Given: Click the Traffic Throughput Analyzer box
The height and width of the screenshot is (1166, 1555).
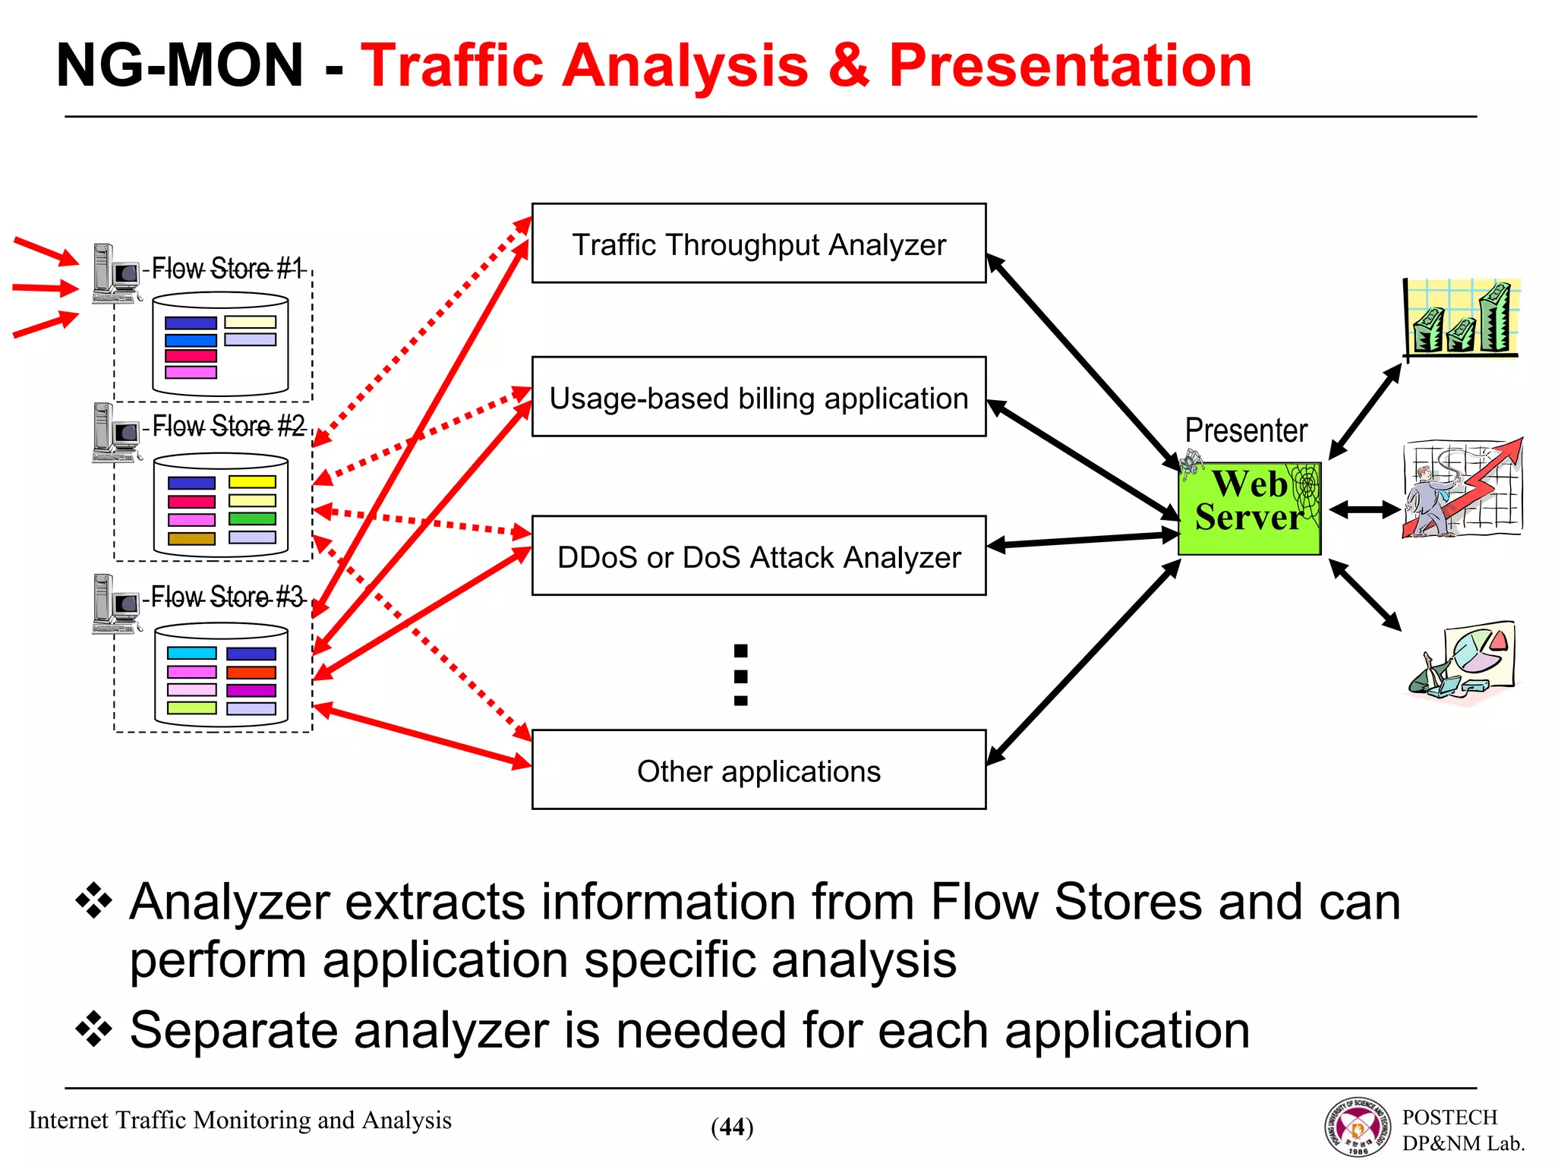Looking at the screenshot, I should [x=759, y=244].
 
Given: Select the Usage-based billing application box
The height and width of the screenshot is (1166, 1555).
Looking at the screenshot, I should [x=759, y=397].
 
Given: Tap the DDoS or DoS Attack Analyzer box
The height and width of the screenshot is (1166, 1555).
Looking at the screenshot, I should [x=759, y=556].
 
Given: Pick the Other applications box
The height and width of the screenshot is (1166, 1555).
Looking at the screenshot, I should [x=759, y=771].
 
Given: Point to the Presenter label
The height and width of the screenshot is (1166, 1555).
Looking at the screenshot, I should [x=1246, y=430].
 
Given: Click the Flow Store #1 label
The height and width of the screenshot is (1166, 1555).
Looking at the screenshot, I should [x=226, y=268].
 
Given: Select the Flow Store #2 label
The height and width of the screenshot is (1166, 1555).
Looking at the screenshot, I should [x=229, y=426].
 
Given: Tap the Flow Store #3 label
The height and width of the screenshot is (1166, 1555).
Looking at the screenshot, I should [x=227, y=597].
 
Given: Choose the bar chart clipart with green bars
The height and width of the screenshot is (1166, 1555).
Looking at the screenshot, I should [x=1460, y=317].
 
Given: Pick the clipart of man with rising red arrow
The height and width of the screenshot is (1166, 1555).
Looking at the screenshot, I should [x=1462, y=488].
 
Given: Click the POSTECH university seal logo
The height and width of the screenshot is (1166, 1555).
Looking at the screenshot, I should [x=1358, y=1127].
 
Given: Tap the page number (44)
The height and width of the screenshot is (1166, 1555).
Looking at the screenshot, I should [x=732, y=1127].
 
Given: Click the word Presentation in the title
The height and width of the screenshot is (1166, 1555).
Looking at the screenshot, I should [x=1070, y=66].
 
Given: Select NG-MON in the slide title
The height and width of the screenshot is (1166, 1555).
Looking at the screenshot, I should [x=180, y=66].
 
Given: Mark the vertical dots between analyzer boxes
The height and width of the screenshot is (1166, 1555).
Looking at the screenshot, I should [x=741, y=675].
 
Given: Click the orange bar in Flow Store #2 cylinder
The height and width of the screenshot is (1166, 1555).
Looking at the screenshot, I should [x=191, y=538].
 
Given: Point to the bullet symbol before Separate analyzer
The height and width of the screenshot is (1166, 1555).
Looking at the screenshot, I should [x=94, y=1029].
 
